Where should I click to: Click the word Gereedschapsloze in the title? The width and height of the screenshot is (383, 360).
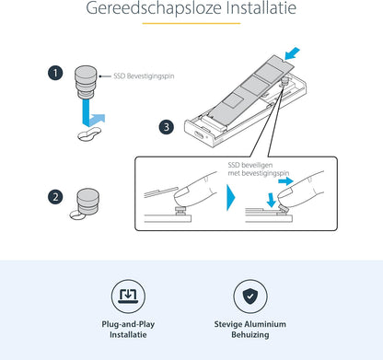[x=154, y=8]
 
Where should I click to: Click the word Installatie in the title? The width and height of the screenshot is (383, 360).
[x=261, y=7]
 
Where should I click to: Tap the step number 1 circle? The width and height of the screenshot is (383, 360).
[x=55, y=74]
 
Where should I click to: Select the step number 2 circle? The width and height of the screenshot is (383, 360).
[x=55, y=197]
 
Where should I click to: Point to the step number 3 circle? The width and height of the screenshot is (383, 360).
[x=167, y=127]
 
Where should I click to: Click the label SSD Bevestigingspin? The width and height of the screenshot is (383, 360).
[x=144, y=75]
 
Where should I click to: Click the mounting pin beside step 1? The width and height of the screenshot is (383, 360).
[x=86, y=82]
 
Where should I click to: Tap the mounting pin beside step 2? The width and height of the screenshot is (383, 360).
[x=87, y=201]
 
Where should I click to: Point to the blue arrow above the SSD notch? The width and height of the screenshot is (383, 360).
[x=292, y=53]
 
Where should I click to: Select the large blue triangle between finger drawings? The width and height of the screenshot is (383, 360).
[x=230, y=198]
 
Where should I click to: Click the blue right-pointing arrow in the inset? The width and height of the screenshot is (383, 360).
[x=285, y=181]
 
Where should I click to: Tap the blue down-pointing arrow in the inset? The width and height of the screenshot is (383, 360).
[x=271, y=200]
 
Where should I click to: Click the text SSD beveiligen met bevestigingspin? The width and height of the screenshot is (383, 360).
[x=259, y=169]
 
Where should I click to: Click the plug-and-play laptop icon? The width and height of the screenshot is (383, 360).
[x=128, y=296]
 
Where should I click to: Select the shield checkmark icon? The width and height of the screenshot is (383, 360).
[x=250, y=296]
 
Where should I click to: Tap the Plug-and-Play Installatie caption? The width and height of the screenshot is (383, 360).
[x=128, y=330]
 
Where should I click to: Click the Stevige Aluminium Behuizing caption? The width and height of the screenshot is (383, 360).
[x=250, y=330]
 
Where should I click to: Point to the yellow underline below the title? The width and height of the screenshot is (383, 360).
[x=191, y=23]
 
